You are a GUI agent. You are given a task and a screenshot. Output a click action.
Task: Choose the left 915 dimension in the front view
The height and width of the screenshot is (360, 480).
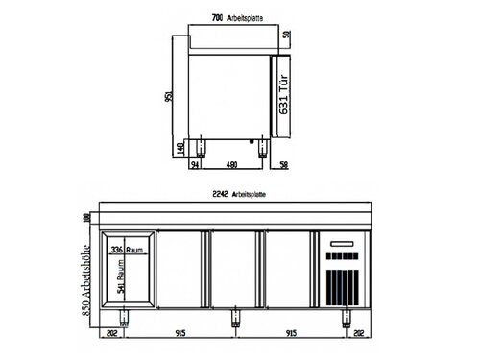[x=180, y=334]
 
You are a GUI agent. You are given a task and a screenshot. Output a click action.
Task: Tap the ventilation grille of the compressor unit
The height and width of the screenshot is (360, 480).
[x=343, y=286]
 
